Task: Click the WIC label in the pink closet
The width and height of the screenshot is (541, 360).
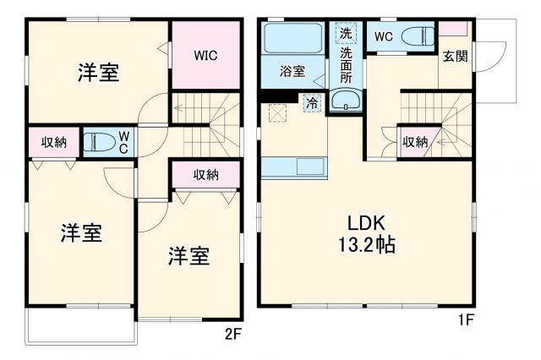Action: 205,56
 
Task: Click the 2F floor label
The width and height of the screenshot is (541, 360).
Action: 232,333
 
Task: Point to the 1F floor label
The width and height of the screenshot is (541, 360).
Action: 466,320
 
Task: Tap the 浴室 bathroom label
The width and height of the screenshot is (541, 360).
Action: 293,73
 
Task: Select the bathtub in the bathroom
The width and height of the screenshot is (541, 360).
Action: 292,39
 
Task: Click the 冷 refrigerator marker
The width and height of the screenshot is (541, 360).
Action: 312,103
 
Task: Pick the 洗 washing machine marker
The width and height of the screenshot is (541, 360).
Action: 346,35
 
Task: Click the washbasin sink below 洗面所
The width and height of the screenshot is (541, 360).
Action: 345,102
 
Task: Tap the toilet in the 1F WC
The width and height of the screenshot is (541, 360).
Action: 416,38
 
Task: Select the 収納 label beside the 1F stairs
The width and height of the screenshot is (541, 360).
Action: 414,141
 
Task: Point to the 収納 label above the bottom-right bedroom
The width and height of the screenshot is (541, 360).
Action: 205,175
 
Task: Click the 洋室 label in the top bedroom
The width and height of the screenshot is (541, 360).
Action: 98,73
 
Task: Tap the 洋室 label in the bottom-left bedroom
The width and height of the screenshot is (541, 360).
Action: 81,234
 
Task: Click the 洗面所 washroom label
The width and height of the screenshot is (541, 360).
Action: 346,64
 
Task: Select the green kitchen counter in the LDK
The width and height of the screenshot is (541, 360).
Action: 294,167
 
